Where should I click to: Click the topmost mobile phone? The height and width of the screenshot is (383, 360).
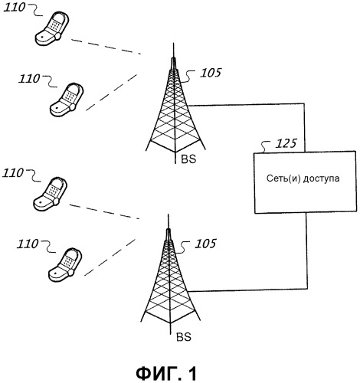[52, 28]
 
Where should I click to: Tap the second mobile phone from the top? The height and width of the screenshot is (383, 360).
[67, 100]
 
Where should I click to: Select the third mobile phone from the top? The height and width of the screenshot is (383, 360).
[51, 194]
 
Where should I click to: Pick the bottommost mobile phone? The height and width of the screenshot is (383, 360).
[65, 265]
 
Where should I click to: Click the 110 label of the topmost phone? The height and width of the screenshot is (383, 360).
[15, 8]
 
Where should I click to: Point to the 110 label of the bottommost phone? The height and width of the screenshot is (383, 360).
[28, 244]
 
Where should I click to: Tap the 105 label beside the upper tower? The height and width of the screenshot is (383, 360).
[211, 73]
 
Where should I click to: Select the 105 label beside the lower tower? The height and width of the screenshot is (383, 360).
[205, 244]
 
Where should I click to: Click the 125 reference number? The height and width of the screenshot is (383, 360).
[286, 143]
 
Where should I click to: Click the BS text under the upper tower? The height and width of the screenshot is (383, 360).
[188, 159]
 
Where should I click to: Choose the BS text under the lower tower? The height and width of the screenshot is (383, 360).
[184, 337]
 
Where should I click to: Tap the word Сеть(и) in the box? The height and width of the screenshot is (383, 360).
[283, 178]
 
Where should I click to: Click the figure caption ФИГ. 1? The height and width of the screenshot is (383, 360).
[166, 374]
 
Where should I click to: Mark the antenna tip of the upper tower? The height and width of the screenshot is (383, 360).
[173, 42]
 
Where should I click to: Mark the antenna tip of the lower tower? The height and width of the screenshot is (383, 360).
[168, 214]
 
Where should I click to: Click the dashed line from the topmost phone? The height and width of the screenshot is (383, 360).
[106, 47]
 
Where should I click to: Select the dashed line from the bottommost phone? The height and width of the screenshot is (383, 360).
[110, 257]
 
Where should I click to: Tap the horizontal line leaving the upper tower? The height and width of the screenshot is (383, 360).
[246, 104]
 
